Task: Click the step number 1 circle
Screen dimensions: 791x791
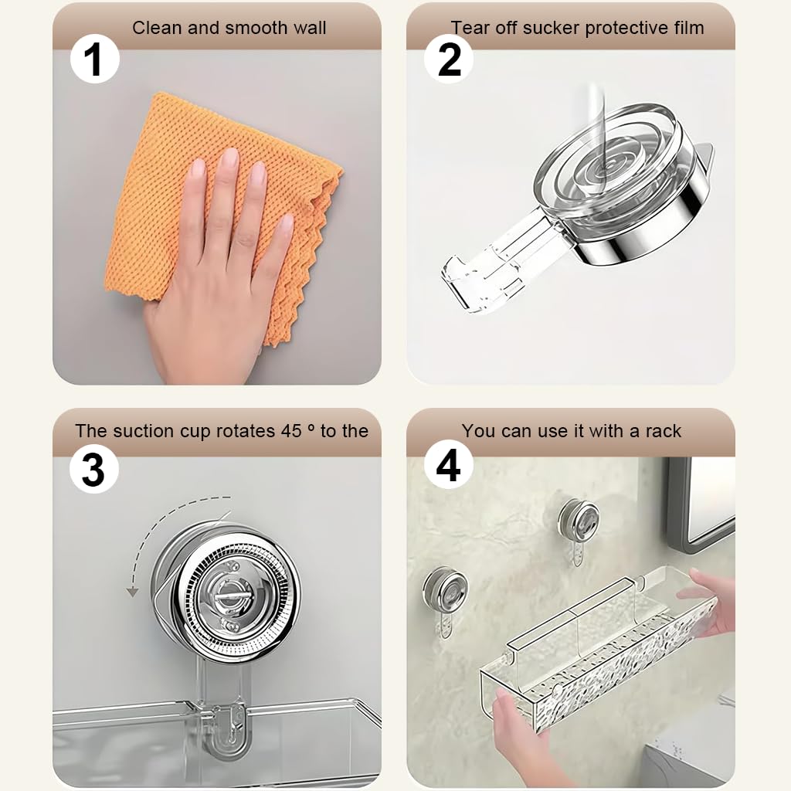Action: click(95, 59)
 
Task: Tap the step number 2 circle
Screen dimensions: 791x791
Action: click(450, 59)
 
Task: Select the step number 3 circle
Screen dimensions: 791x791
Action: click(93, 470)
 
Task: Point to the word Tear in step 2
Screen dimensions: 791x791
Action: click(470, 29)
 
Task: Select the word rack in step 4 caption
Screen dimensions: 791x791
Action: click(663, 431)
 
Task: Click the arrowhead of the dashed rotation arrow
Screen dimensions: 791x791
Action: click(133, 592)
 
